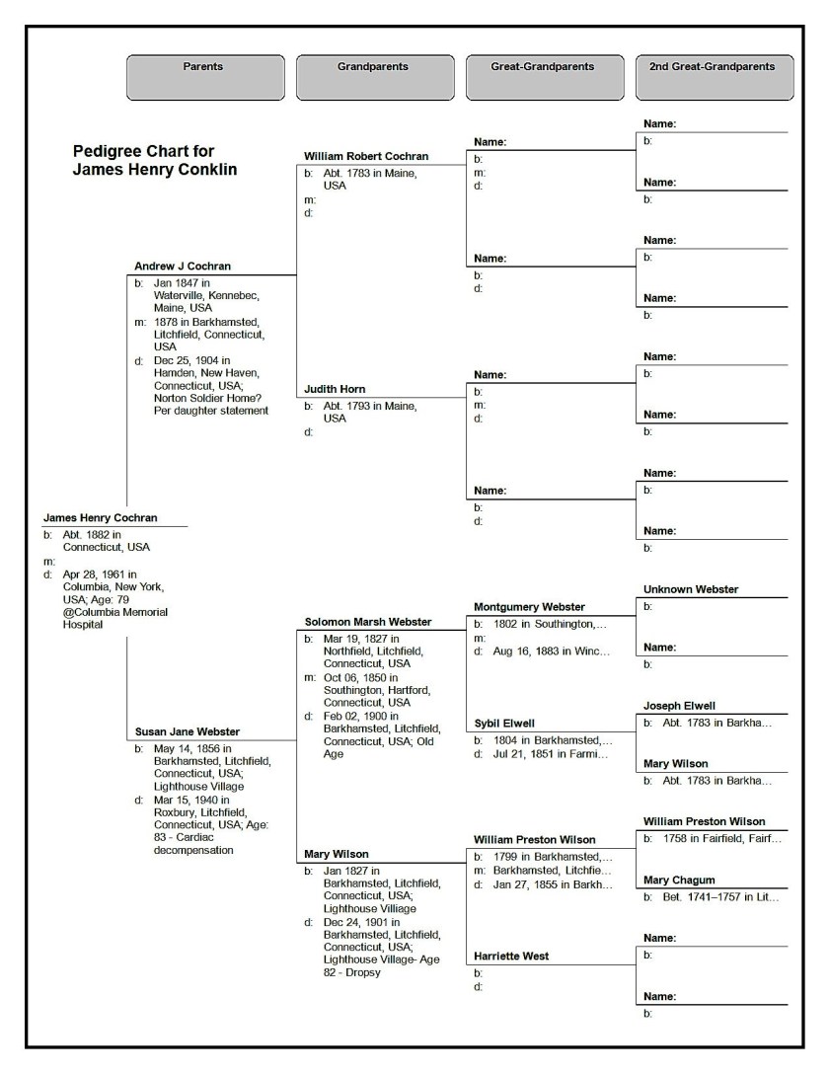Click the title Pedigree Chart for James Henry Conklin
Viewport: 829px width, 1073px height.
tap(155, 161)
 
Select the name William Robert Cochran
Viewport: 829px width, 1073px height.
tap(366, 157)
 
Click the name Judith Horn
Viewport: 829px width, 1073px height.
tap(336, 389)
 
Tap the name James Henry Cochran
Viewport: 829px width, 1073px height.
tap(101, 518)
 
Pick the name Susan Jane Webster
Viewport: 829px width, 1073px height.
tap(187, 732)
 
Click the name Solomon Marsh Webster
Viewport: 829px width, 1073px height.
tap(367, 622)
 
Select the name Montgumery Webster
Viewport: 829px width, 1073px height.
tap(529, 607)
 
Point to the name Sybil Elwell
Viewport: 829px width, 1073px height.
tap(503, 724)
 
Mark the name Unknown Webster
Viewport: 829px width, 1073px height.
tap(691, 590)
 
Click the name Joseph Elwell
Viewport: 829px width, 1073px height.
tap(679, 706)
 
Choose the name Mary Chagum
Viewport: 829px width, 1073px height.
tap(679, 880)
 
